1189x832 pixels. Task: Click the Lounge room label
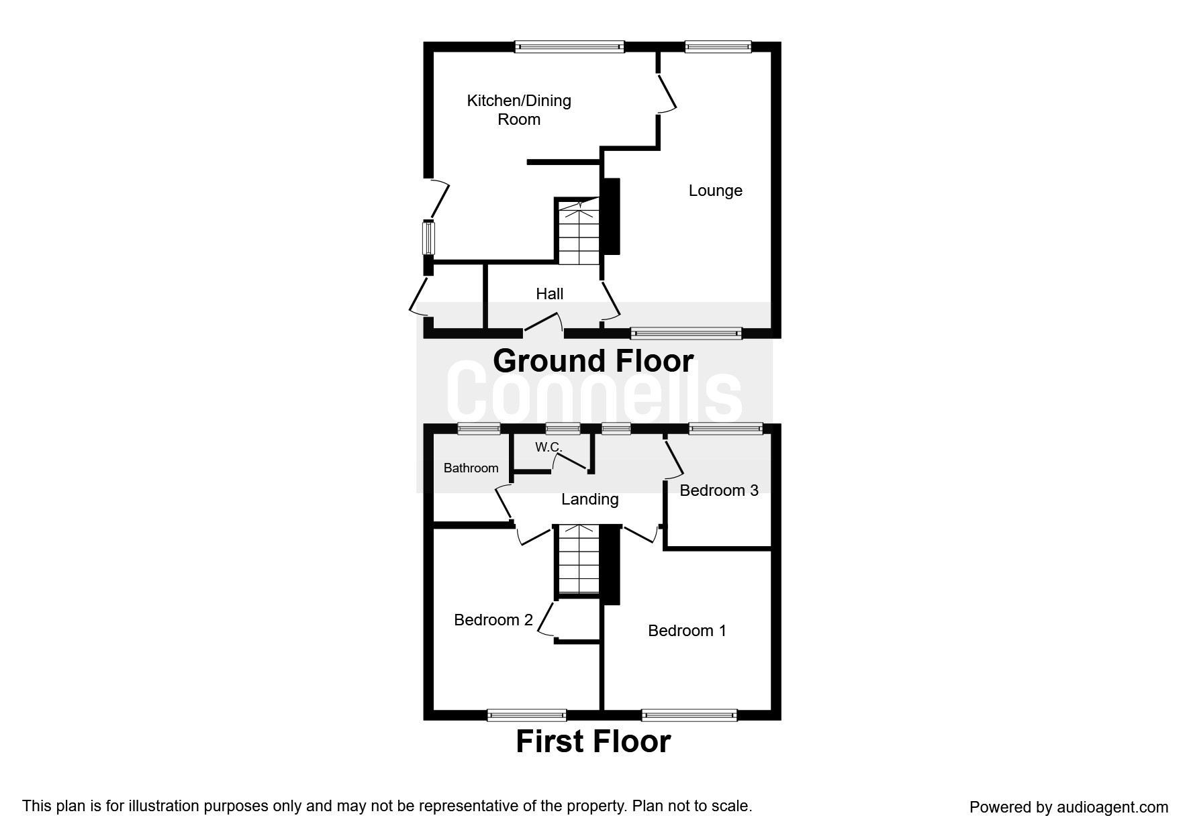(715, 191)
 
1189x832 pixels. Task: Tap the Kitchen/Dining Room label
(519, 110)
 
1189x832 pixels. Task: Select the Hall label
(549, 294)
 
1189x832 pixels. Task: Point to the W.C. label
(548, 447)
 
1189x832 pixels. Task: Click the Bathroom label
(471, 468)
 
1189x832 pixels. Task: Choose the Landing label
(589, 499)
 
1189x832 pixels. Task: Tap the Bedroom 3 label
(718, 490)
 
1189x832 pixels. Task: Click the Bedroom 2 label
(493, 620)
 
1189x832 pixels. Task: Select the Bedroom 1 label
(686, 631)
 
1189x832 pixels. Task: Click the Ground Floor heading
(593, 361)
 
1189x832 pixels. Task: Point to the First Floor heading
(593, 741)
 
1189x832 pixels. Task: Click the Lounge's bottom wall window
(686, 333)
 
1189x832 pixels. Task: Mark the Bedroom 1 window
(689, 715)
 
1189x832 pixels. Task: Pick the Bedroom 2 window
(526, 715)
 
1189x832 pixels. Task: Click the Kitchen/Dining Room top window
(569, 46)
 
